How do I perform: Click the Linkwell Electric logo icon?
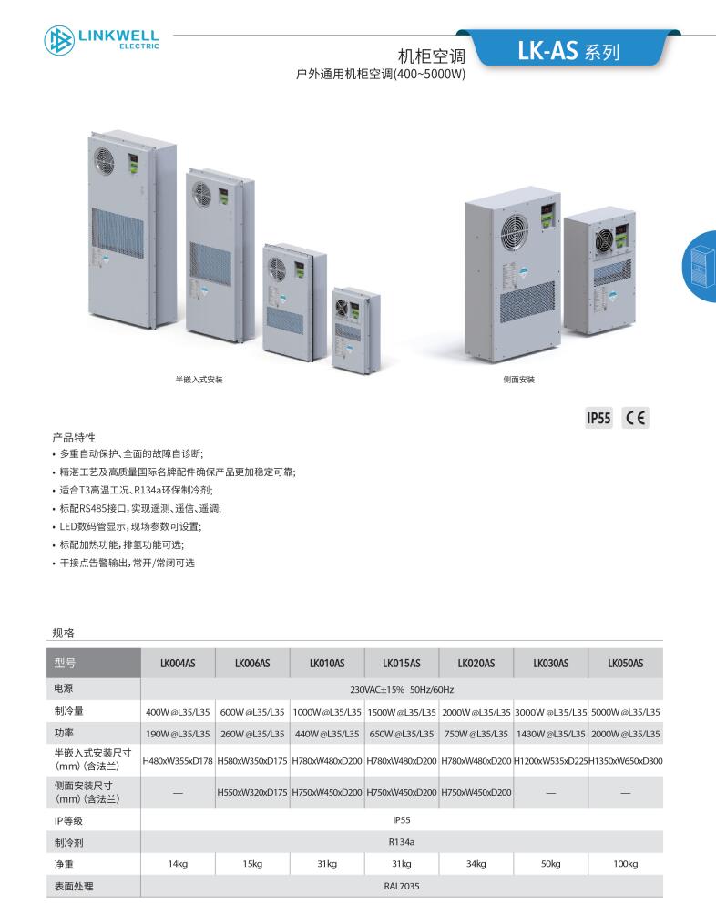tap(59, 40)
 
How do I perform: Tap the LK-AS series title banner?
tap(568, 50)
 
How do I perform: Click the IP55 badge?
tap(598, 418)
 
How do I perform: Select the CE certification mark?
tap(635, 418)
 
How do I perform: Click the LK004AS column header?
tap(178, 664)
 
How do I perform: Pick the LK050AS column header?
tap(626, 664)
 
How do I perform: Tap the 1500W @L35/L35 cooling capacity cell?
tap(402, 712)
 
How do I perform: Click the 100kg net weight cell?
tap(626, 864)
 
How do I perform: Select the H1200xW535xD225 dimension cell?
tap(550, 761)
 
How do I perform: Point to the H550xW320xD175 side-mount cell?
tap(252, 793)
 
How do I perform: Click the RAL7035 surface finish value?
tap(402, 886)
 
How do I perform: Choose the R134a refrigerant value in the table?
tap(402, 842)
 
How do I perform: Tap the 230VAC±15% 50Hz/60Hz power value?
tap(402, 689)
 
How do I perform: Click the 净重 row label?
tap(64, 865)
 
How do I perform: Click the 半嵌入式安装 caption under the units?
tap(199, 380)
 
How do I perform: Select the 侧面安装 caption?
tap(519, 380)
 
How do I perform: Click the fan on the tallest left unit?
tap(105, 160)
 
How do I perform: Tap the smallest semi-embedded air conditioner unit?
tap(355, 330)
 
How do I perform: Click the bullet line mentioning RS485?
tap(140, 508)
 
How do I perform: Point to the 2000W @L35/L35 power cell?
tap(626, 734)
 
